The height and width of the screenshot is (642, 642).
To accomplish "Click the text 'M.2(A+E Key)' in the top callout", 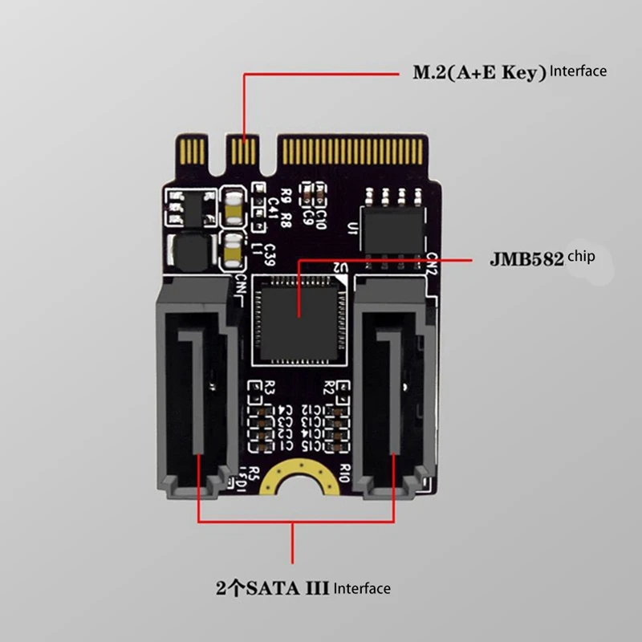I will coord(479,73).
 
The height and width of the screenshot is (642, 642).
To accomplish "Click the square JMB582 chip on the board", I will coord(299,316).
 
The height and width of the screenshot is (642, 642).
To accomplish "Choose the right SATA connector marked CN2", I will coord(395,385).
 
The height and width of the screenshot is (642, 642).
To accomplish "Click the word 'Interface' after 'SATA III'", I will coord(362,589).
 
